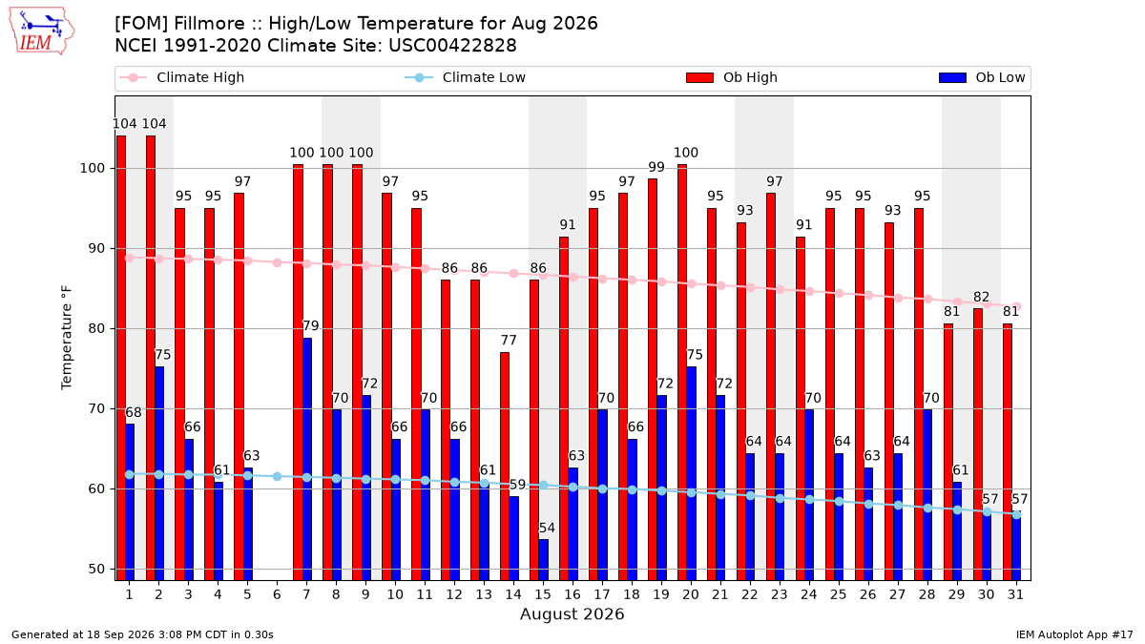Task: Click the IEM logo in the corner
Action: (42, 31)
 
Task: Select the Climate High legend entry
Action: (181, 77)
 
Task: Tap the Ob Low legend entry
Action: (982, 77)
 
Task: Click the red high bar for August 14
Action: (505, 467)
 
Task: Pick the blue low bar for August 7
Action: (307, 459)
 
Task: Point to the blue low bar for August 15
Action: (543, 560)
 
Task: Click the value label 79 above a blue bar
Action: (311, 326)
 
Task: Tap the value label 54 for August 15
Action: (547, 528)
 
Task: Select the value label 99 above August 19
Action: (656, 167)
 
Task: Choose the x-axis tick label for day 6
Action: (277, 595)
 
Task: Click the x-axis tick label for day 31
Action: (1015, 595)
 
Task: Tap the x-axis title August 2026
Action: (572, 613)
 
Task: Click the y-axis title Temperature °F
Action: (67, 338)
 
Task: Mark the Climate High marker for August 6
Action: (277, 262)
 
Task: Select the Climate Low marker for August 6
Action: (277, 476)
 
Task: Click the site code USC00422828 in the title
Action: (452, 46)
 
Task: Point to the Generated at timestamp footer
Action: (142, 634)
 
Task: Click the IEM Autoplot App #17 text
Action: (1074, 634)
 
